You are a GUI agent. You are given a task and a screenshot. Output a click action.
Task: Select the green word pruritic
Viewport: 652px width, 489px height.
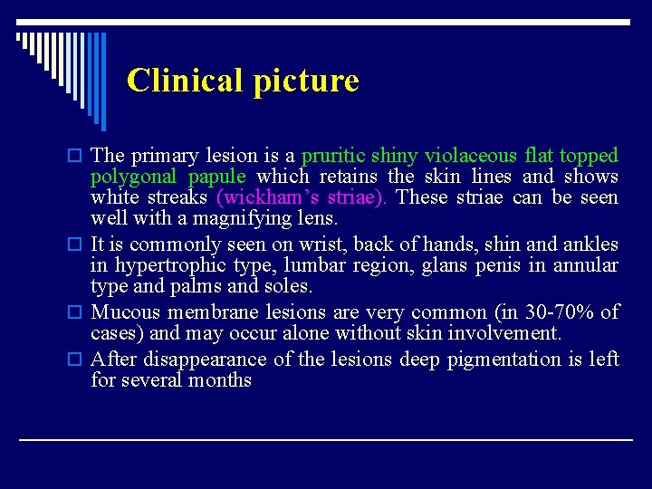pos(335,156)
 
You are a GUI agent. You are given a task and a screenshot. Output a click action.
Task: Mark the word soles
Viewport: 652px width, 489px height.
pos(289,286)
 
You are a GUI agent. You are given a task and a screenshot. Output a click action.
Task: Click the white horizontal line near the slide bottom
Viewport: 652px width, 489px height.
pos(326,439)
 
